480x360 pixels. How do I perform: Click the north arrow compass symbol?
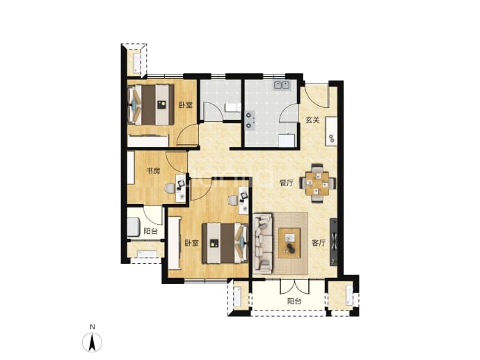coord(92,342)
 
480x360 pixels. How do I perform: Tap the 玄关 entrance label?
coord(312,120)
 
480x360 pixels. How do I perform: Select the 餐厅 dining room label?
coord(286,183)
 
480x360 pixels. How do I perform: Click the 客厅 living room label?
coord(319,243)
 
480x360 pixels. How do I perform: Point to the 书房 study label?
coord(153,171)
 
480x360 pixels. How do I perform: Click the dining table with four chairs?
coord(317,184)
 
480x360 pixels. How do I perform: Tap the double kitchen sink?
coord(282,84)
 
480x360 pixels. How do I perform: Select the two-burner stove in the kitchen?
coord(250,120)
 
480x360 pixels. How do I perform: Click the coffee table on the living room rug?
coord(289,243)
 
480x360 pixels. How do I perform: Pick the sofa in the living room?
coord(263,244)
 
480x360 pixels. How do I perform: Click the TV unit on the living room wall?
coord(333,242)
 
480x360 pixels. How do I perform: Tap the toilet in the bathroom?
coord(232,108)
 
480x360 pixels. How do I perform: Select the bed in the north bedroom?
coord(151,104)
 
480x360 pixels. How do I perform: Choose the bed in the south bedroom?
coord(225,243)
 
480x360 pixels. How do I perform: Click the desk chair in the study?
coord(169,188)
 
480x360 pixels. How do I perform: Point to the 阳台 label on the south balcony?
coord(294,302)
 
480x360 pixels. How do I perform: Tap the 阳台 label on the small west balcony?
coord(151,231)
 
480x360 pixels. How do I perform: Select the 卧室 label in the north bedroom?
coord(186,104)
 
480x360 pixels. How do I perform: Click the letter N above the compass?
coord(92,327)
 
